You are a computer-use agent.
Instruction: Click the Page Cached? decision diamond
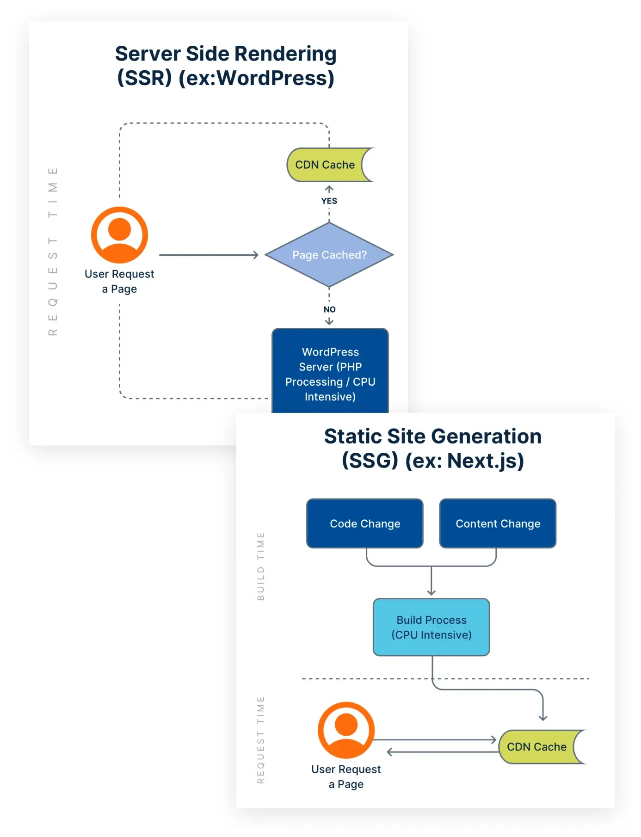[x=329, y=255]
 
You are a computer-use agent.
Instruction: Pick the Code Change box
[x=365, y=523]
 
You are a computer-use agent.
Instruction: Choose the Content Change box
[x=498, y=523]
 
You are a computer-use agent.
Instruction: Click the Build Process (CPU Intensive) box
[x=431, y=627]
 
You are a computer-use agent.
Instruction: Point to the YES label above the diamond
[x=329, y=201]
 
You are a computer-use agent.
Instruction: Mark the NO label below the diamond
[x=330, y=309]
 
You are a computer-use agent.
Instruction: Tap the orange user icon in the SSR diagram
[x=120, y=235]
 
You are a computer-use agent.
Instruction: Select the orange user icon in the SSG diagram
[x=346, y=730]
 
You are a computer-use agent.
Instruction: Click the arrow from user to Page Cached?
[x=208, y=255]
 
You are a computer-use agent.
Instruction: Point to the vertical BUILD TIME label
[x=261, y=566]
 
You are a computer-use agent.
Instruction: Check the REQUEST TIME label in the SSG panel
[x=261, y=740]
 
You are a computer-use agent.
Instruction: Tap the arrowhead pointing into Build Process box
[x=431, y=592]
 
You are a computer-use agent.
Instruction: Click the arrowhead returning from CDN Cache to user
[x=390, y=752]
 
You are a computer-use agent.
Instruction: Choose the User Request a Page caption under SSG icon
[x=346, y=776]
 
